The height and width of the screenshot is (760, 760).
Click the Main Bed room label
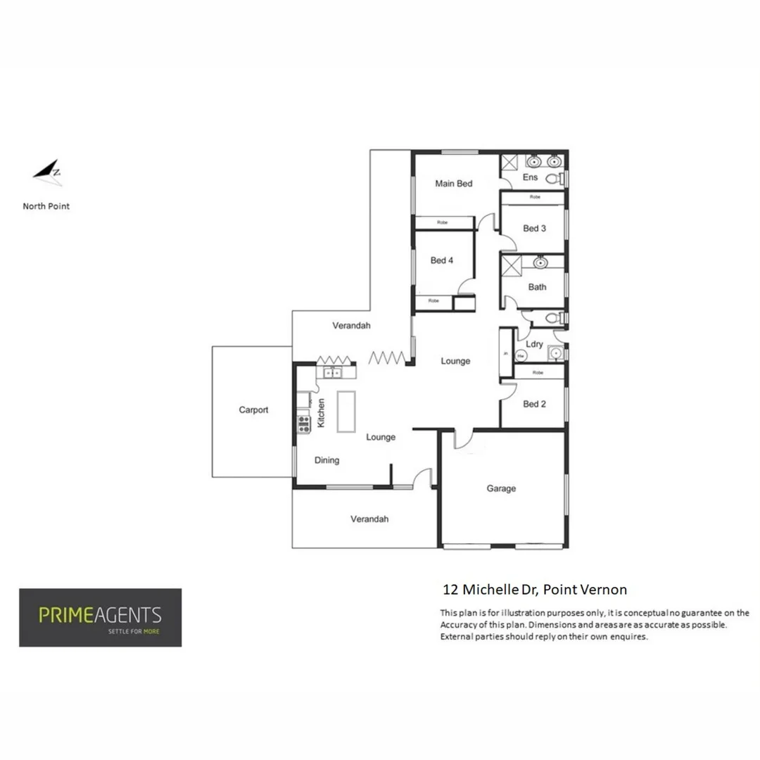453,184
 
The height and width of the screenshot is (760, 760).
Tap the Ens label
530,177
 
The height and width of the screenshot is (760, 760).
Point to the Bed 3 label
534,228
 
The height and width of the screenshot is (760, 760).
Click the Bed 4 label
441,260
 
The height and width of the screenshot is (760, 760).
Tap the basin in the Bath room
540,263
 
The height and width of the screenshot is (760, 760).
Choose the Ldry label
535,344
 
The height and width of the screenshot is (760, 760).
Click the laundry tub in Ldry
555,354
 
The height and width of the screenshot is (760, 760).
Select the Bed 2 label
534,404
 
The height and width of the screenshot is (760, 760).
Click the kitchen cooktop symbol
304,424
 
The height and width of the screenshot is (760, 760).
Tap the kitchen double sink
331,373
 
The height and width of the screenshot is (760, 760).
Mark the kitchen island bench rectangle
346,412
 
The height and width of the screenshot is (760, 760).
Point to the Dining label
327,460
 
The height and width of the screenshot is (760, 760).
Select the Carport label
253,410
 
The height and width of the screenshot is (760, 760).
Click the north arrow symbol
48,172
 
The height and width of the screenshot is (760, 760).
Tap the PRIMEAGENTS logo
100,617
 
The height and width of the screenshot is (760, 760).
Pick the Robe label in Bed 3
535,198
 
